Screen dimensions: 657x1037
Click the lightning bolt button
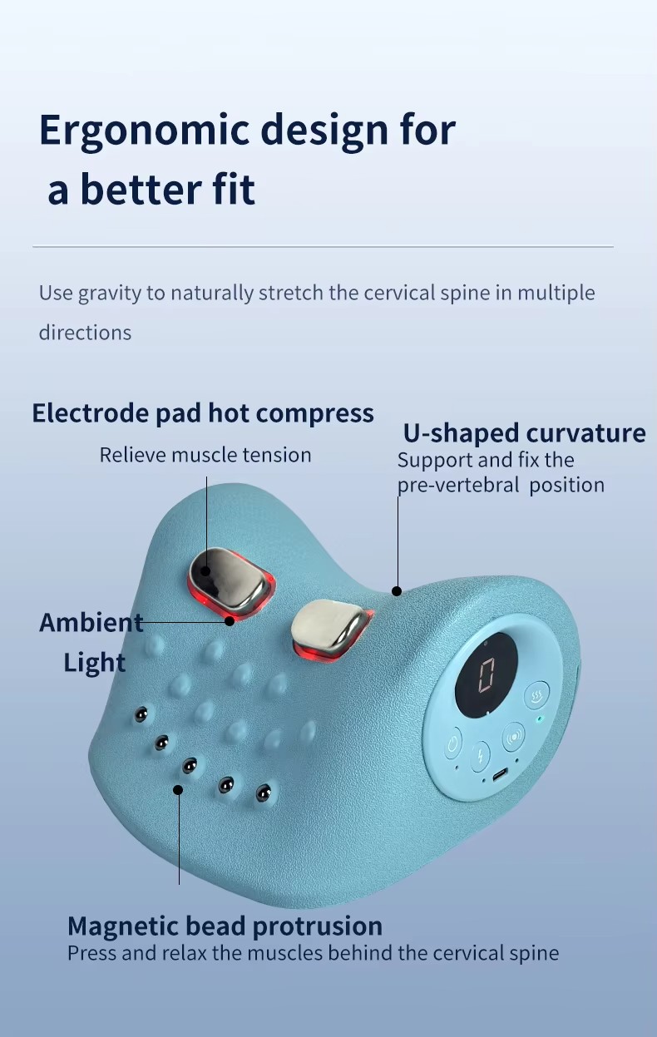click(x=480, y=757)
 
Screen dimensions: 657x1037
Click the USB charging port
click(x=499, y=774)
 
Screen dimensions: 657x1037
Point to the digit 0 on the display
click(x=486, y=675)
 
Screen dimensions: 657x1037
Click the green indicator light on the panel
click(x=539, y=719)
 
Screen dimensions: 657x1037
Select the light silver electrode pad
click(x=328, y=626)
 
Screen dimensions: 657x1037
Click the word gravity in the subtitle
click(x=109, y=294)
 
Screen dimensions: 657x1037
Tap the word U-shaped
click(x=461, y=433)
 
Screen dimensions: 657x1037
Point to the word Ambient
click(x=91, y=623)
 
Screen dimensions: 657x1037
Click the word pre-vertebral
click(x=458, y=486)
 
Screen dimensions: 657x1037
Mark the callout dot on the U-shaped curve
click(x=397, y=591)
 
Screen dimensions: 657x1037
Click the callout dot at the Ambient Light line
click(x=230, y=621)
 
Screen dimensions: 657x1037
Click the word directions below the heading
click(x=85, y=333)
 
